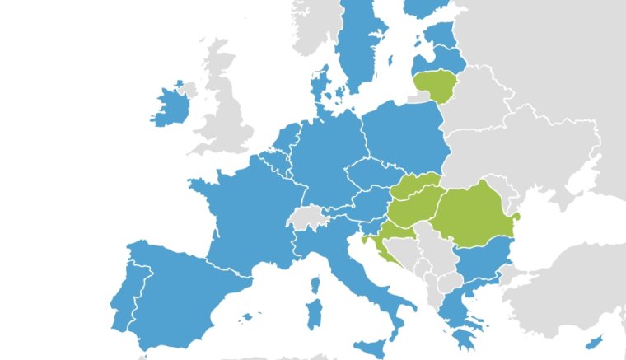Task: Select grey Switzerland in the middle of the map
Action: (306, 217)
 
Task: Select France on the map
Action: (243, 214)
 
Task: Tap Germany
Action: (325, 161)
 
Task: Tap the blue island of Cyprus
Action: (591, 342)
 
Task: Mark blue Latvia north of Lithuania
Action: (441, 59)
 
